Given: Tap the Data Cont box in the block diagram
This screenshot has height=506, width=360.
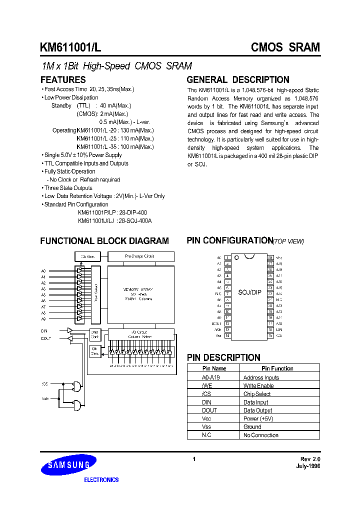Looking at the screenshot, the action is tap(95, 334).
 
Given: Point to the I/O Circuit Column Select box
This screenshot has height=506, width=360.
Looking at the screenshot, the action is tap(140, 333).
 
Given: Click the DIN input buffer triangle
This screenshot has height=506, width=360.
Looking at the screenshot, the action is tap(70, 330).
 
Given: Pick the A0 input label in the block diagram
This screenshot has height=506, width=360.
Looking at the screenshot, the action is tap(43, 270).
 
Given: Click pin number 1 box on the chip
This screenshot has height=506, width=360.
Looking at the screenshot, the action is tap(227, 257).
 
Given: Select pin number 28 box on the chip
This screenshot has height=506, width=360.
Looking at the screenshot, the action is tap(270, 257).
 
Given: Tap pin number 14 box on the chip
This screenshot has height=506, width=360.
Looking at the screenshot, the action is tap(227, 335).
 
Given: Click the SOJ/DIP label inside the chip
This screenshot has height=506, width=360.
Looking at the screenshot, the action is tap(249, 292).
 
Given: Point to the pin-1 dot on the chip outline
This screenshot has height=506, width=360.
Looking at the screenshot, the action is tap(236, 258).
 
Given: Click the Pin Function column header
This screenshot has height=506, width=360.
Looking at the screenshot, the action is tap(277, 368).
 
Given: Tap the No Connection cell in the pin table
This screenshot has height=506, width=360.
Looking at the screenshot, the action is tap(261, 435).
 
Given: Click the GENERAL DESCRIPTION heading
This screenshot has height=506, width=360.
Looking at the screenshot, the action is tap(238, 80).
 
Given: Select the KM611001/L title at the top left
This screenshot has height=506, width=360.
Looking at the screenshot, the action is tap(71, 47).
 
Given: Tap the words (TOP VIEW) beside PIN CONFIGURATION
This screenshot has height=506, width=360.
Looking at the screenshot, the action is tap(288, 241).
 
